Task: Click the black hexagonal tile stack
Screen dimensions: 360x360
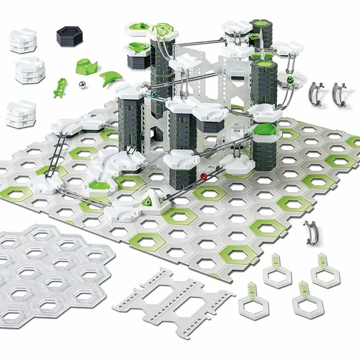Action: click(x=70, y=36)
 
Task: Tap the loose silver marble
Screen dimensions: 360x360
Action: click(x=82, y=87)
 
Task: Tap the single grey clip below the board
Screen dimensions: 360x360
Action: click(x=311, y=232)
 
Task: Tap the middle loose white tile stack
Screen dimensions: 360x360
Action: click(x=28, y=70)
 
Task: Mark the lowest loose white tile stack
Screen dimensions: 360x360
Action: click(x=20, y=114)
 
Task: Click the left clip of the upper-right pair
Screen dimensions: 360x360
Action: click(x=316, y=92)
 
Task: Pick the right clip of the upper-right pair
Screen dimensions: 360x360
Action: click(x=339, y=93)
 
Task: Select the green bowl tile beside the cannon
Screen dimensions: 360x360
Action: click(x=101, y=186)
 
